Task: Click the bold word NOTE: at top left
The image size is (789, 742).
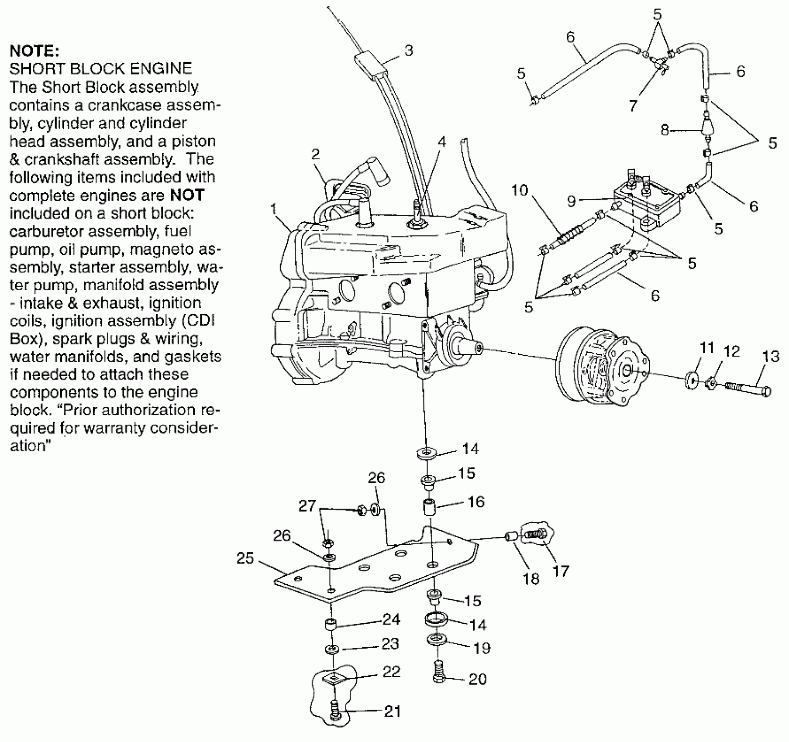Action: (x=34, y=51)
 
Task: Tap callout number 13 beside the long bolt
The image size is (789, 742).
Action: (x=771, y=357)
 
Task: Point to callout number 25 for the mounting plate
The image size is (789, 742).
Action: (x=245, y=558)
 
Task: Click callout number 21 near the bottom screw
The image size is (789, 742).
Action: (x=392, y=711)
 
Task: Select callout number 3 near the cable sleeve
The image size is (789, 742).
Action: (x=408, y=51)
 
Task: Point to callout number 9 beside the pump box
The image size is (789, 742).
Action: (x=572, y=201)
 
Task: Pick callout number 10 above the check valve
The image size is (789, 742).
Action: (x=520, y=190)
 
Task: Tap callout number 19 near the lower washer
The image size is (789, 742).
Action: (x=482, y=648)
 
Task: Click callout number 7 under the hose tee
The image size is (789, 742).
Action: (x=633, y=105)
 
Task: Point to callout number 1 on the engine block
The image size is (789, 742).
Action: (x=274, y=209)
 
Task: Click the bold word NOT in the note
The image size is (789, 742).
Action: (x=187, y=195)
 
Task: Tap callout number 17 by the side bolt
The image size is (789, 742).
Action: (x=561, y=571)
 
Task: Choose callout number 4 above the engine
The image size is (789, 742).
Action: (x=442, y=142)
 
